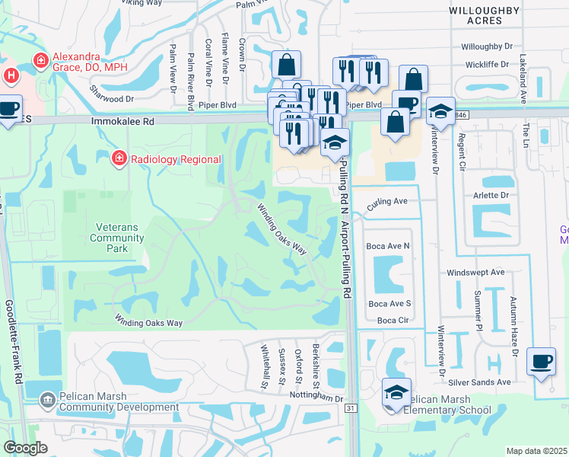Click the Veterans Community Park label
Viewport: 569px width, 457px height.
click(x=119, y=237)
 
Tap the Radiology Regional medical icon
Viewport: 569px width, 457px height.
click(x=118, y=158)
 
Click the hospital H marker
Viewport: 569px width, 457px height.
click(x=11, y=75)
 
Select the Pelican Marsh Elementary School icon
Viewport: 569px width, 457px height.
click(x=396, y=392)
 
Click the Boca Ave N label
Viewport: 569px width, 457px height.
click(x=387, y=246)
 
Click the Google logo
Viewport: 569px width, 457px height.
click(x=25, y=447)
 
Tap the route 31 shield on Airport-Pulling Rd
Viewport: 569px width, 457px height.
click(x=351, y=409)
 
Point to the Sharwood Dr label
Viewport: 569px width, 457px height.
click(x=112, y=98)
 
